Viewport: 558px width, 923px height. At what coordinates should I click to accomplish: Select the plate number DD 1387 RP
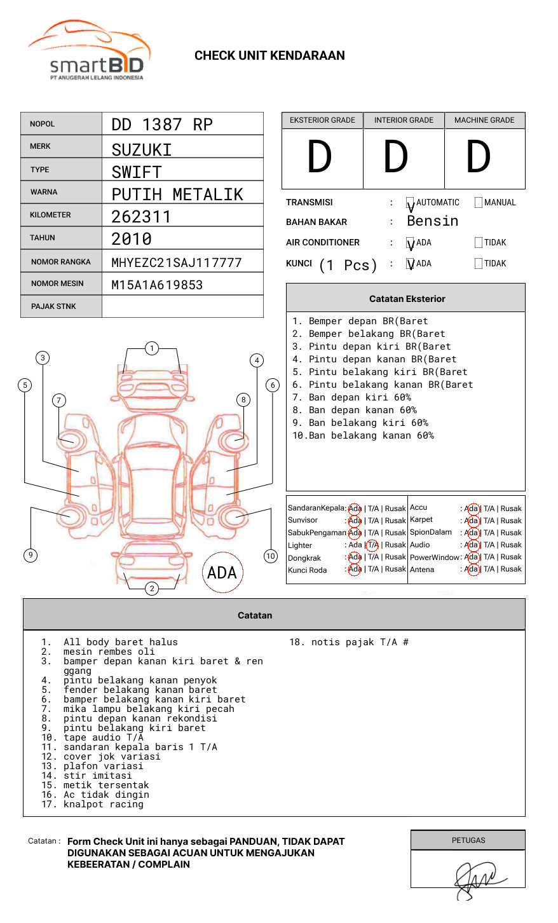tap(162, 125)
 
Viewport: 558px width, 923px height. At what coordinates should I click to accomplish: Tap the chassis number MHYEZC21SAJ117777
tap(177, 263)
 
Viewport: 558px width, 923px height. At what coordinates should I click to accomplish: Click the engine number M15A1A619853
tap(157, 285)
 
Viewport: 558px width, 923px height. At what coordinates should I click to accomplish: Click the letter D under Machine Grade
tap(479, 158)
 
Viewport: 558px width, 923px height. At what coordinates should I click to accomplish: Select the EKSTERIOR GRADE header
tap(322, 120)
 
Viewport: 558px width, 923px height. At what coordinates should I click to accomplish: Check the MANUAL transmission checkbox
tap(479, 203)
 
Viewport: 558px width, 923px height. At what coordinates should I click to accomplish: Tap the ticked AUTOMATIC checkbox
tap(411, 203)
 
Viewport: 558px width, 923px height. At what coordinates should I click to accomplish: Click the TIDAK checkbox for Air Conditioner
tap(479, 243)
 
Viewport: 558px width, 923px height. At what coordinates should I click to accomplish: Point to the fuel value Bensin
tap(432, 221)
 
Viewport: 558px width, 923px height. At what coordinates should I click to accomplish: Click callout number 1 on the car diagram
tap(151, 348)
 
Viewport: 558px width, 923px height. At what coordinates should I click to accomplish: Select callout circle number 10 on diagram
tap(271, 556)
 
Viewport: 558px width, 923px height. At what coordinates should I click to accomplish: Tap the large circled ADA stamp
tap(222, 573)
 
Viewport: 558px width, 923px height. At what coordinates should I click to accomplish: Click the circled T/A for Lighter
tap(372, 545)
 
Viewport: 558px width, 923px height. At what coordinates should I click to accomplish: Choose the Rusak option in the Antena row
tap(511, 569)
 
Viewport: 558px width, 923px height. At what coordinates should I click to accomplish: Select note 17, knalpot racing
tap(103, 805)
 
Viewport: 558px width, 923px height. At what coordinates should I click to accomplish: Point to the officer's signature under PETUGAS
tap(477, 879)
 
